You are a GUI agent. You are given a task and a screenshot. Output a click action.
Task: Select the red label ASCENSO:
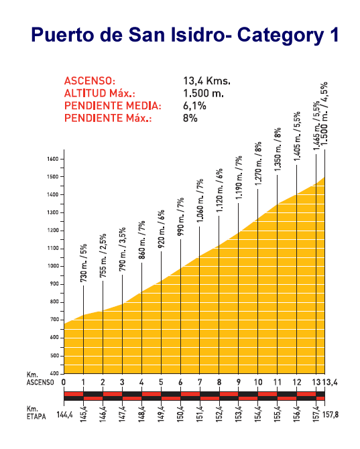click(x=90, y=80)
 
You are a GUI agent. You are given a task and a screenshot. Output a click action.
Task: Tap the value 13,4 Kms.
click(x=206, y=80)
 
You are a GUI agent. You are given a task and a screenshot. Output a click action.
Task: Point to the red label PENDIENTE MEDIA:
click(x=113, y=106)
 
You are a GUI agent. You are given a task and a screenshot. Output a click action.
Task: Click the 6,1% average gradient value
click(x=194, y=106)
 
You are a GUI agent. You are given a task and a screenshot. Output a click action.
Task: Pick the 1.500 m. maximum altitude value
click(x=203, y=93)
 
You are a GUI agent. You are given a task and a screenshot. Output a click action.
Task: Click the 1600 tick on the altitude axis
click(x=53, y=159)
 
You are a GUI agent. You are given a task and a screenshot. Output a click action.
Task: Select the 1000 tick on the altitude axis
click(x=53, y=266)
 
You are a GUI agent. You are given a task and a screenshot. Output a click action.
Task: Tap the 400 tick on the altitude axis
click(x=54, y=373)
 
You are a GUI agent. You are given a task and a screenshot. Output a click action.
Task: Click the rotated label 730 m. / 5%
click(x=83, y=263)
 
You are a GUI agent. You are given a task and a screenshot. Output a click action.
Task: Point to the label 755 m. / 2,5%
click(x=103, y=255)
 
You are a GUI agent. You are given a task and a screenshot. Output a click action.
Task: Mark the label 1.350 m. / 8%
click(x=278, y=149)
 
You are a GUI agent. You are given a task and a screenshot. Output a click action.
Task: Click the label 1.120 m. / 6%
click(x=219, y=190)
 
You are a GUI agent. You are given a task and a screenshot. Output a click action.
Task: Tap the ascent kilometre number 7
click(x=200, y=382)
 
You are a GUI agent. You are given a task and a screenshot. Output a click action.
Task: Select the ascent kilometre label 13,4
click(x=331, y=382)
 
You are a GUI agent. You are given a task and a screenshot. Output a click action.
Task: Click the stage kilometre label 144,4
click(x=64, y=415)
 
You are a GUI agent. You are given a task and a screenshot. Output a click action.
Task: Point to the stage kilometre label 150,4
click(x=181, y=413)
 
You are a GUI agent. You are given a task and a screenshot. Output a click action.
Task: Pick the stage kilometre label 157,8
click(x=331, y=415)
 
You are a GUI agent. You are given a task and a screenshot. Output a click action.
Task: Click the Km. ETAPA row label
click(x=36, y=413)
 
